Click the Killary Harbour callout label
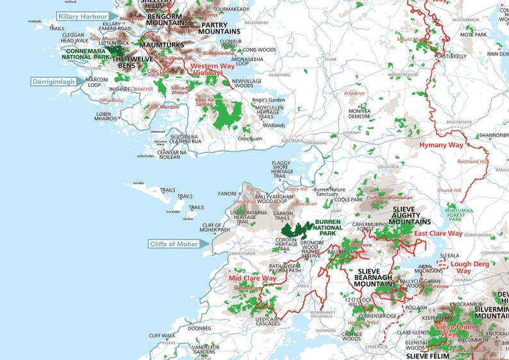coord(81,17)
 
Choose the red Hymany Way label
coord(441,145)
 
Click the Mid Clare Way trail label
coord(253,279)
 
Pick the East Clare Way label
coord(438,234)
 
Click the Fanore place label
coord(228,193)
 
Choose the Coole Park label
coord(349,199)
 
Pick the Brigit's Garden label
coord(268,100)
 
